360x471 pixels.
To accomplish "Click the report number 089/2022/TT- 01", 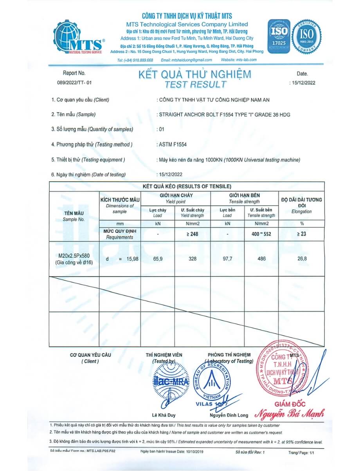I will pyautogui.click(x=74, y=83).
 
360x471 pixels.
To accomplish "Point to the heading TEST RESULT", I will pyautogui.click(x=195, y=84).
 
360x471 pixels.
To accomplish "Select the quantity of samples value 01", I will pyautogui.click(x=161, y=129).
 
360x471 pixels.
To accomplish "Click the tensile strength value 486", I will pyautogui.click(x=261, y=259).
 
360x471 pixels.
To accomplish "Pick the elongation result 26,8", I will pyautogui.click(x=301, y=259).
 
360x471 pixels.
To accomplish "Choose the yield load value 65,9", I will pyautogui.click(x=157, y=259).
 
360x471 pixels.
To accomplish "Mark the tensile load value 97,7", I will pyautogui.click(x=227, y=259).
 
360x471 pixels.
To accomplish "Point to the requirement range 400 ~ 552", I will pyautogui.click(x=261, y=234).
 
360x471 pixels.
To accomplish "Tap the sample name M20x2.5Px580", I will pyautogui.click(x=74, y=256).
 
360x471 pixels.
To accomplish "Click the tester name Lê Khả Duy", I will pyautogui.click(x=163, y=415).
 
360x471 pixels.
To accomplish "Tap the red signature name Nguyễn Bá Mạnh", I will pyautogui.click(x=290, y=413).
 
